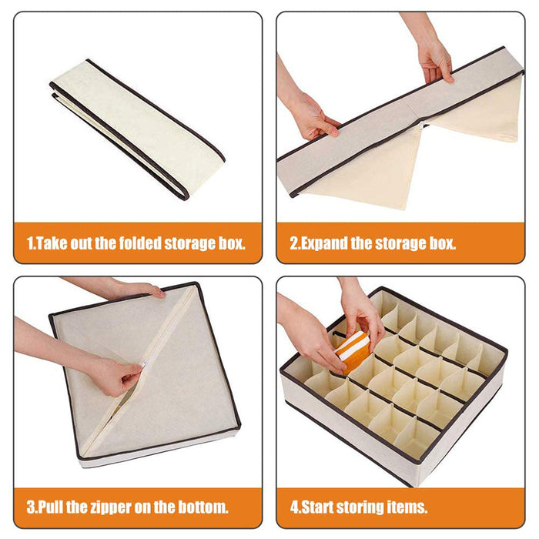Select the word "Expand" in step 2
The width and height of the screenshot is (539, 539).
tap(327, 244)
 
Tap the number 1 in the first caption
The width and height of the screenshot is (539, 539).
tap(30, 244)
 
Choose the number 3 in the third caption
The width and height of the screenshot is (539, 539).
tap(30, 507)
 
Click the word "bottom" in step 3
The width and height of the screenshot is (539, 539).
tap(204, 507)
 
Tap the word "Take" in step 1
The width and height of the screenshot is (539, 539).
tap(53, 244)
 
